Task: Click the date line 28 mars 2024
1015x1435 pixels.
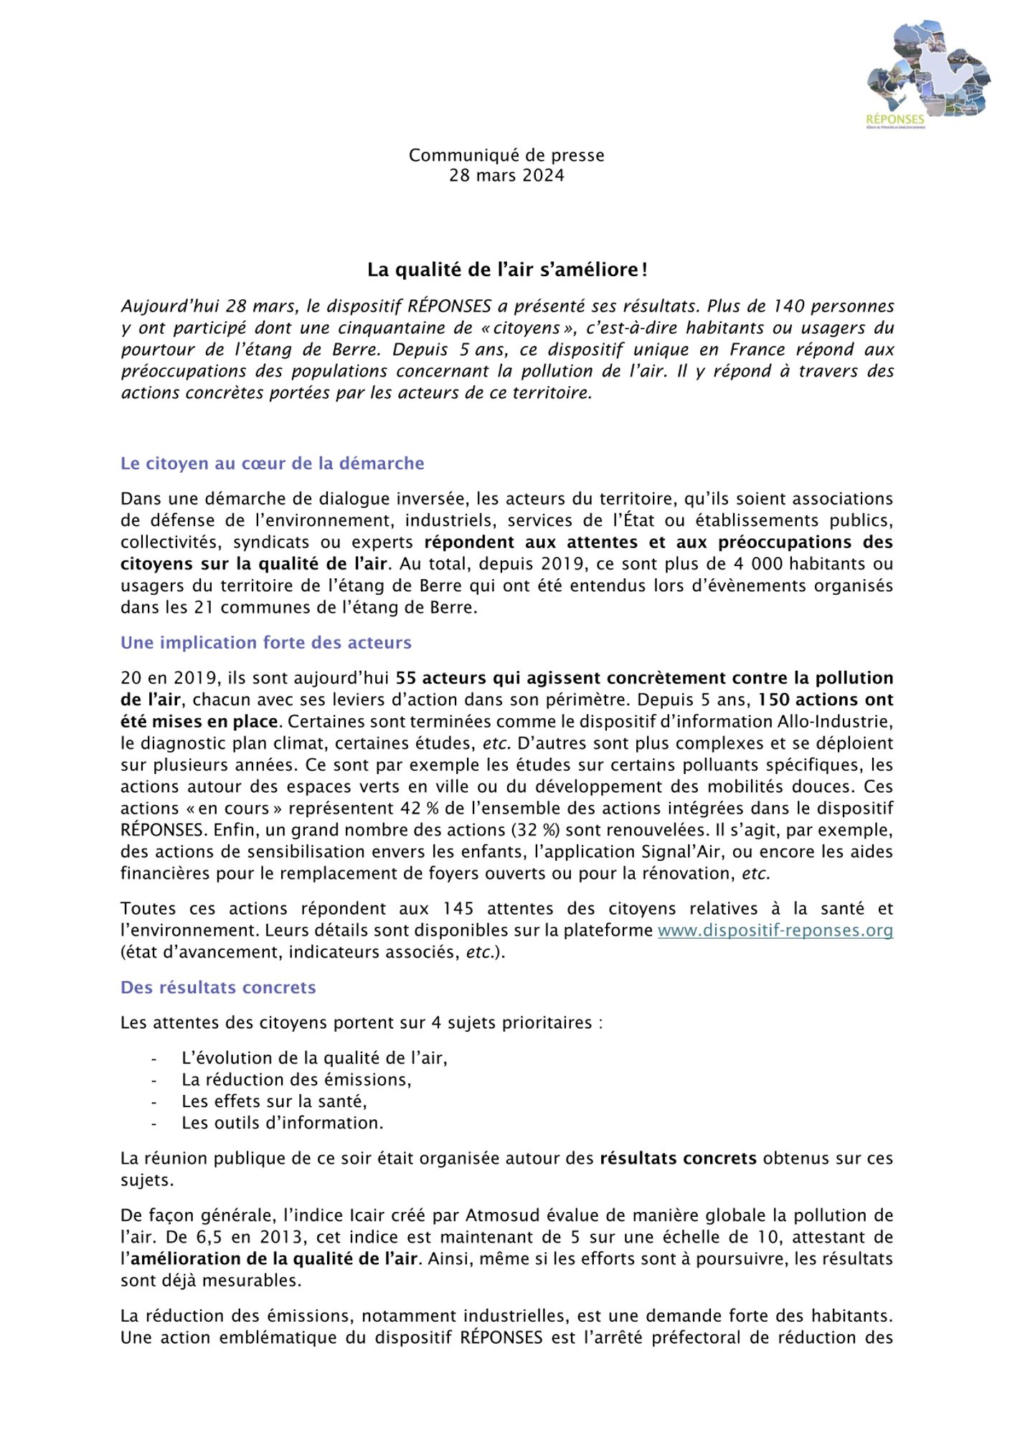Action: tap(506, 176)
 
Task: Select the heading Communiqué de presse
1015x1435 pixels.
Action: tap(506, 155)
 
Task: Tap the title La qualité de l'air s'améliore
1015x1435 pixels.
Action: tap(507, 270)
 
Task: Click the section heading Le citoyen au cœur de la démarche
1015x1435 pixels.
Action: tap(273, 464)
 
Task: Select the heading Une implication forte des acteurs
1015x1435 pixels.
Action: tap(266, 642)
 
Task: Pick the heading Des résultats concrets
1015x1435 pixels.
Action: tap(218, 987)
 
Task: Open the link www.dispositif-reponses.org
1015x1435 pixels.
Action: tap(775, 931)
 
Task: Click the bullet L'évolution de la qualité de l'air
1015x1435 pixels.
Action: tap(314, 1058)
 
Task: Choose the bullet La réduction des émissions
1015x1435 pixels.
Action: tap(296, 1079)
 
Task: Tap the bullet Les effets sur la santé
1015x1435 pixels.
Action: tap(274, 1101)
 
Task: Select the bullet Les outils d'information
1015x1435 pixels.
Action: tap(283, 1122)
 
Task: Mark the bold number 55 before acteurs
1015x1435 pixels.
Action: tap(406, 678)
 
